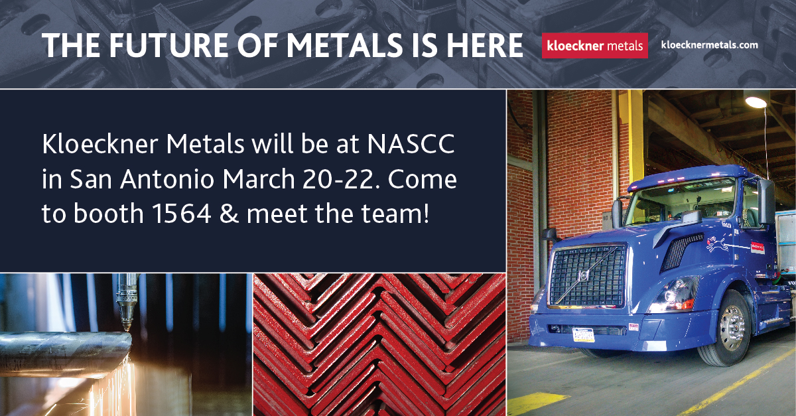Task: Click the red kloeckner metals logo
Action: coord(594,46)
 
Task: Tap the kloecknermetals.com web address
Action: coord(709,45)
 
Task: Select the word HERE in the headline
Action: coord(484,46)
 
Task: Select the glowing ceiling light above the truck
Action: coord(755,102)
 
